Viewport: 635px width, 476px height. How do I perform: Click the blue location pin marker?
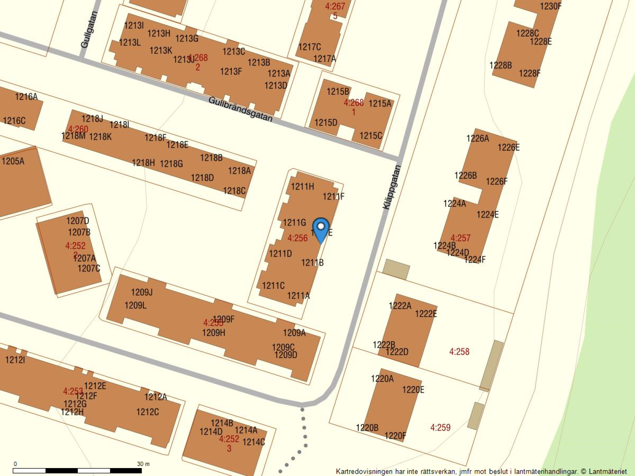[321, 229]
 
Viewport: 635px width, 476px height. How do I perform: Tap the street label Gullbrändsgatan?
[241, 109]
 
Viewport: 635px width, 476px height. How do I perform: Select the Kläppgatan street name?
[392, 187]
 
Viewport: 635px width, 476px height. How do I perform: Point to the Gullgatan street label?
[89, 30]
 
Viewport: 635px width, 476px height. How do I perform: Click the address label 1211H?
[302, 186]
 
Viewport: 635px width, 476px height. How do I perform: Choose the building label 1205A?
[13, 161]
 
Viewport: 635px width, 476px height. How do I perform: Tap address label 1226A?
[477, 138]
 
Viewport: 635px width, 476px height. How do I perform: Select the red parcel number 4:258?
[459, 351]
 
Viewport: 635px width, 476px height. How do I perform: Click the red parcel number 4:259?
[441, 428]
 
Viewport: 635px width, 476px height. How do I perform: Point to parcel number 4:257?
[460, 238]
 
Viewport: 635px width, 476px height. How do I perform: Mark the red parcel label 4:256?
[298, 238]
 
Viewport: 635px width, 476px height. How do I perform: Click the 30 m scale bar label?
[143, 464]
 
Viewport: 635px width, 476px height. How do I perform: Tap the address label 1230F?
[550, 6]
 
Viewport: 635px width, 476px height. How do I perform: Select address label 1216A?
[26, 96]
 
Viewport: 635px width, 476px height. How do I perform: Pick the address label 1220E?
[413, 390]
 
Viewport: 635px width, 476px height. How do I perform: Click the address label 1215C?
[371, 136]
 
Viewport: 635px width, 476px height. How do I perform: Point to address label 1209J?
[142, 292]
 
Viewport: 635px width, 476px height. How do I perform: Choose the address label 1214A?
[246, 430]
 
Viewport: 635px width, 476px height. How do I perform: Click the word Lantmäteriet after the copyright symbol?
[608, 472]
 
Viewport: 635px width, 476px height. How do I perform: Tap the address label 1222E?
[426, 314]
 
